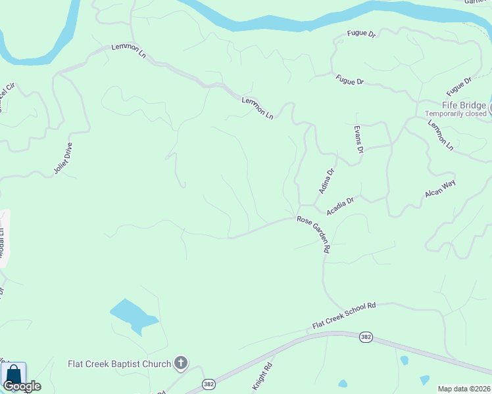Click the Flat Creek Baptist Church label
tap(120, 363)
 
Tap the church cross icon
tap(181, 363)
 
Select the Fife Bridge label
tap(464, 105)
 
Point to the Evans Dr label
tap(358, 140)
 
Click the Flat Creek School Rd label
tap(343, 315)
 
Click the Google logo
tap(22, 386)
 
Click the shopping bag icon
tap(13, 375)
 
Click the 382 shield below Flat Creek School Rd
tap(366, 337)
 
